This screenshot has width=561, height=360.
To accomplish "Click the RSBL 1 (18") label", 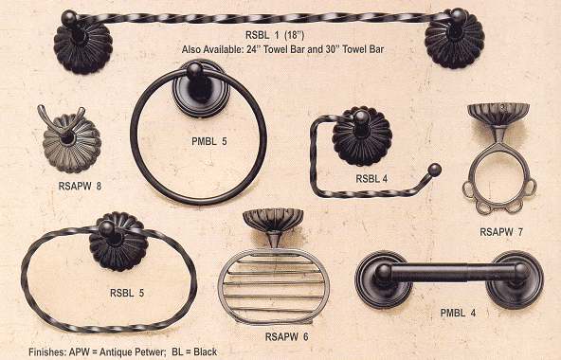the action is point(275,35).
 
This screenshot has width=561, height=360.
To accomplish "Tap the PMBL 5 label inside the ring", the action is point(208,141).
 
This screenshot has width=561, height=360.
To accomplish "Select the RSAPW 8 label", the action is point(80,186).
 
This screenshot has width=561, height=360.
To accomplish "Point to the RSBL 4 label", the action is point(371,178).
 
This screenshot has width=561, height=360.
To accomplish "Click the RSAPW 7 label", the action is point(501,232).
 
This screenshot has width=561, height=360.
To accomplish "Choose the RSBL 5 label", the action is point(127,293).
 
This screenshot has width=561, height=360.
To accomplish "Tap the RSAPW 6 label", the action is point(286,336).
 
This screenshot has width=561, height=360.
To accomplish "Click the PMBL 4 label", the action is point(458,314).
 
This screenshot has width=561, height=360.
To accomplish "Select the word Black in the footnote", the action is point(205,351).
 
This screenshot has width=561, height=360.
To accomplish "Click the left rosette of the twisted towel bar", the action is point(83,47).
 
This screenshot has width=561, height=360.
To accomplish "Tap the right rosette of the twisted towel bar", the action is point(455,43).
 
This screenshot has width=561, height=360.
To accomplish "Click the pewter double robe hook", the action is point(70,140).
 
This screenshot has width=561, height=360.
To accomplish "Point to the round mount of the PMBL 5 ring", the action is point(201,89).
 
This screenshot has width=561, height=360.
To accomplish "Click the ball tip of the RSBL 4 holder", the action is point(435,170).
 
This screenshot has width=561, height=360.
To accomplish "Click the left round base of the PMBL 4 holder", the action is point(384,279).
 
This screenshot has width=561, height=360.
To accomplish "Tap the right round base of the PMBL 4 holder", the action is point(515,279).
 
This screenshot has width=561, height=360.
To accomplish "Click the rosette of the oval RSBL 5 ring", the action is point(118,242).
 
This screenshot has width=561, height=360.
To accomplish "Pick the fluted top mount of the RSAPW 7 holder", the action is point(498,114).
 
